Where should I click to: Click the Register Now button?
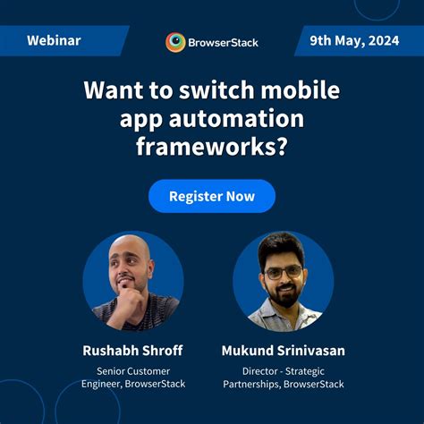211,196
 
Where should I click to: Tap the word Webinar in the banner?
54,41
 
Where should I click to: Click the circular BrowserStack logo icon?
176,42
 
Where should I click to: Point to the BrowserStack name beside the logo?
224,42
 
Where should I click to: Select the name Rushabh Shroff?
132,351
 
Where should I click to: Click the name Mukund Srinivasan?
283,351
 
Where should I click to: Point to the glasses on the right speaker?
283,271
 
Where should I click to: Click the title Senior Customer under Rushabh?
132,370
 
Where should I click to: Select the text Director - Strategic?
283,370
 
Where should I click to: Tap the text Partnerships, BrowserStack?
283,384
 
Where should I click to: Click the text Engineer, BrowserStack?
132,384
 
